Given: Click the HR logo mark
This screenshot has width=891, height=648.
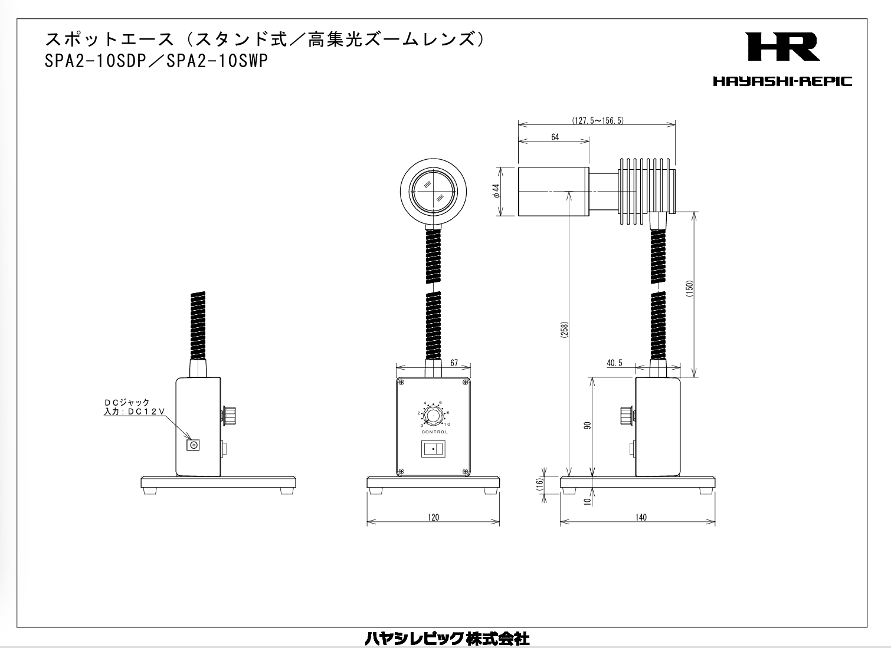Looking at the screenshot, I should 782,47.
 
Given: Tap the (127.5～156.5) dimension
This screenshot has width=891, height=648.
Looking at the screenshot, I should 597,120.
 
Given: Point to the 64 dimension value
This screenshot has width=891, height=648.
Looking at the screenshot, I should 555,137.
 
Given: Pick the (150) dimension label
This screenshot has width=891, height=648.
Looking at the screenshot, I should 689,289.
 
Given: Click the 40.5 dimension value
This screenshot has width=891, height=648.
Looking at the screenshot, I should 614,363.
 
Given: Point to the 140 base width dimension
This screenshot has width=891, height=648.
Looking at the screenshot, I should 641,517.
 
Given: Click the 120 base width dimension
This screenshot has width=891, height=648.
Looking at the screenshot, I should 433,517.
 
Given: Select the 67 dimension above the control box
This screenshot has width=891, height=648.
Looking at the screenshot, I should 454,363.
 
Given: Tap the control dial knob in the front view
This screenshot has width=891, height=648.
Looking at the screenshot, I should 434,416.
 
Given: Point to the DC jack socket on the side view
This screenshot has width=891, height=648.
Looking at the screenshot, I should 192,445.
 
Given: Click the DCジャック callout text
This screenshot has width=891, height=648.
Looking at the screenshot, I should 127,402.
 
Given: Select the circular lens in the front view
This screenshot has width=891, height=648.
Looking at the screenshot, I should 434,192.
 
